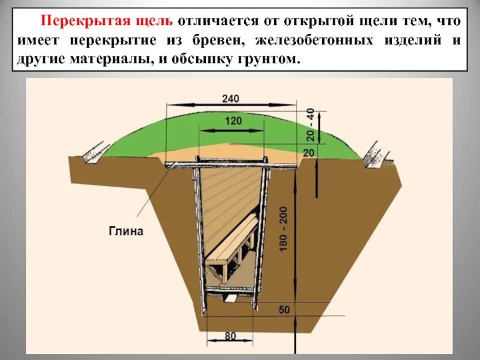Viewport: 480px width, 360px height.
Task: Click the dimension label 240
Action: (x=230, y=99)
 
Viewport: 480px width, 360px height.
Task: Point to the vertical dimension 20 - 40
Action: (x=310, y=124)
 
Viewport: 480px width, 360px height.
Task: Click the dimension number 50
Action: (x=284, y=310)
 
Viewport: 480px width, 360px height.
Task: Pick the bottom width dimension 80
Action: (x=230, y=336)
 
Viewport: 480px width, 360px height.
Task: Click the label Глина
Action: (x=126, y=232)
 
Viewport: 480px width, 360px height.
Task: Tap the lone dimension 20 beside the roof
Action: (x=309, y=153)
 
